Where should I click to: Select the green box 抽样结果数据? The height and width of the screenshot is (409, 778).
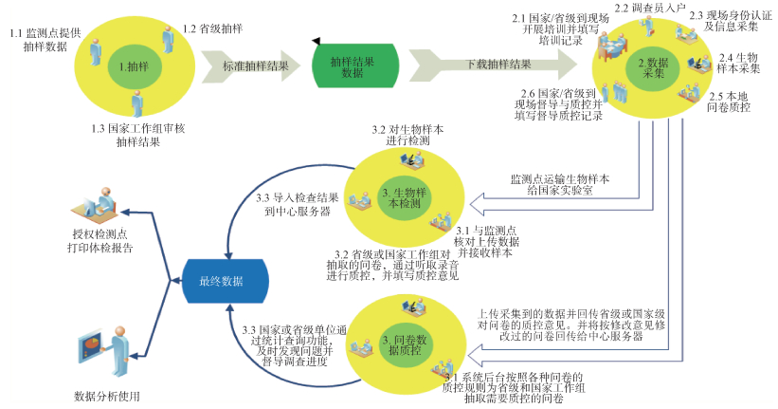(353, 66)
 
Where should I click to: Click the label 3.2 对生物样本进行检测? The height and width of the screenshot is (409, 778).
(400, 135)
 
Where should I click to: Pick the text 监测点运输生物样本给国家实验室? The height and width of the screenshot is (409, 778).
(558, 184)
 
